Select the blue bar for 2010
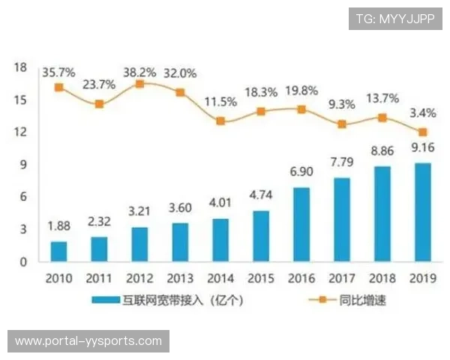point(58,251)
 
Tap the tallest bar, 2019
point(423,212)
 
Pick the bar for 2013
point(180,242)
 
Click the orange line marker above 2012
point(139,84)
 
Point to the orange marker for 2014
point(220,120)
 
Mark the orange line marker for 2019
point(423,132)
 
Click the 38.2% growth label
point(140,73)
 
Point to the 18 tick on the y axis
point(20,68)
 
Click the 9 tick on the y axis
point(23,165)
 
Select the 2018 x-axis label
point(382,279)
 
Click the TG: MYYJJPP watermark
point(394,18)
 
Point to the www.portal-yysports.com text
point(88,341)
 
